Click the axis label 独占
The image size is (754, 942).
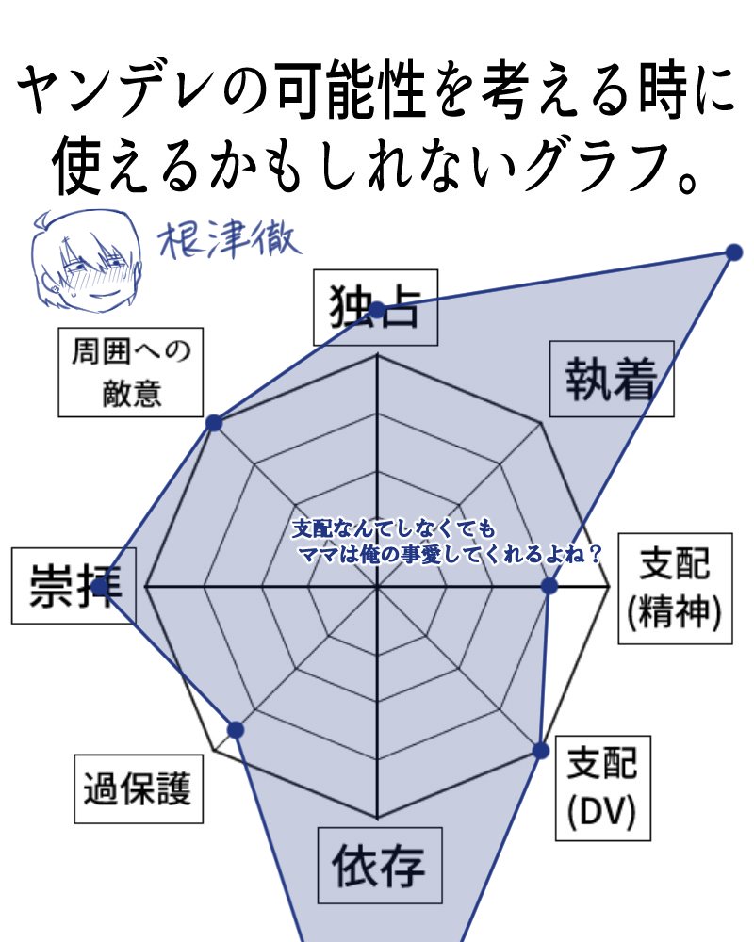(x=375, y=307)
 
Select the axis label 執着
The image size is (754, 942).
(x=612, y=379)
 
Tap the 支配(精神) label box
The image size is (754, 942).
(x=675, y=588)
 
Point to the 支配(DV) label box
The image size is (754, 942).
(x=602, y=788)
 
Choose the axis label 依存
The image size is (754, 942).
(x=380, y=865)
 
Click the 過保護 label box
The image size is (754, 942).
(x=139, y=788)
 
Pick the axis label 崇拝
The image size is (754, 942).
(x=74, y=586)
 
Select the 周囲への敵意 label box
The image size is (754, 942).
(x=130, y=372)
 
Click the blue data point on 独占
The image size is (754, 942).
(x=376, y=311)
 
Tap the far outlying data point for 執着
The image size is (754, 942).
(x=734, y=252)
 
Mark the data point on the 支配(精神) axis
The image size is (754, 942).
(x=549, y=586)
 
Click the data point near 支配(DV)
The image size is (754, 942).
(x=541, y=751)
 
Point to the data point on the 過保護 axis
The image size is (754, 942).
(x=236, y=730)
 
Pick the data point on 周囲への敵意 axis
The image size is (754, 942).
(x=214, y=422)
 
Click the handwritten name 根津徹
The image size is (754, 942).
(x=228, y=240)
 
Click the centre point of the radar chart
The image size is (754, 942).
(x=377, y=585)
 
